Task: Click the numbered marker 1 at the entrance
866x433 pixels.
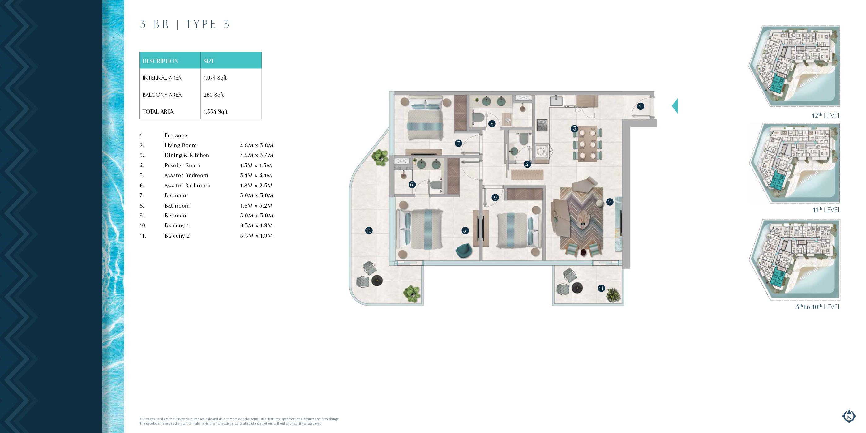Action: point(640,106)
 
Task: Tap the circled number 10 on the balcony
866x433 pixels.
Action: point(369,231)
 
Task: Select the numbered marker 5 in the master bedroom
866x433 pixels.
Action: point(465,231)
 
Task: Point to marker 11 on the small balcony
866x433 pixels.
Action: point(601,289)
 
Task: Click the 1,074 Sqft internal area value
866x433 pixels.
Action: point(215,78)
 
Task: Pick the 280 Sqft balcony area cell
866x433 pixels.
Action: point(213,95)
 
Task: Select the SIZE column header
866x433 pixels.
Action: point(209,61)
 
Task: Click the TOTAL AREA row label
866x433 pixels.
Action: point(158,112)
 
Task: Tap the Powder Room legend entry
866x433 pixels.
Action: point(182,165)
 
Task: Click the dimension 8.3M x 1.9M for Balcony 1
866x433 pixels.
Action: point(256,225)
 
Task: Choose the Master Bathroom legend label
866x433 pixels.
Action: point(187,186)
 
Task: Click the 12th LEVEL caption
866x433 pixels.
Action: point(826,115)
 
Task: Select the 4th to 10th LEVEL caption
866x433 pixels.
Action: point(818,307)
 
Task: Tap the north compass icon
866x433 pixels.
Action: point(849,416)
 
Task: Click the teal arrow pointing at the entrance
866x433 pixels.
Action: point(675,106)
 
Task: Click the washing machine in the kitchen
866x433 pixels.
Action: point(541,151)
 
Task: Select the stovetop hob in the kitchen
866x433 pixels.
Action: point(542,125)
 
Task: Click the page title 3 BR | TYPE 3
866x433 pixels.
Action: point(185,24)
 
